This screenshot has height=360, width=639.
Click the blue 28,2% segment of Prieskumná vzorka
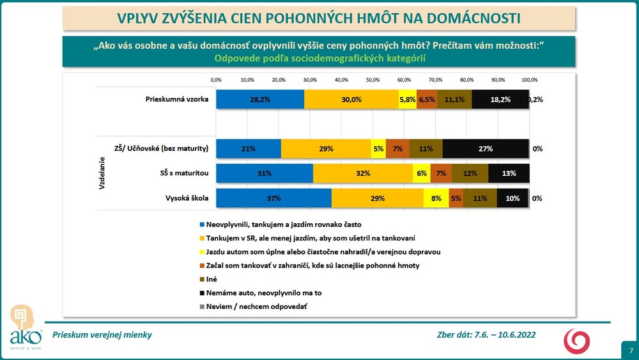260,100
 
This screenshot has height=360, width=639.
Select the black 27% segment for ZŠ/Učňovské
486,148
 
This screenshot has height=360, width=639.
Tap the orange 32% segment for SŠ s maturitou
363,173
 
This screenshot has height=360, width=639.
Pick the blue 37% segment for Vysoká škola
273,198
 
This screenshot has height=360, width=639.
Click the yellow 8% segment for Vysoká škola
436,198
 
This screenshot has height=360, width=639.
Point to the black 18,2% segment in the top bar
500,100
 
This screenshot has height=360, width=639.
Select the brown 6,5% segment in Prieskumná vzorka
426,100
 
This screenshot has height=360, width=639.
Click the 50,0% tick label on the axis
373,80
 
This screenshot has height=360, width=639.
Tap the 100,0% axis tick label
529,80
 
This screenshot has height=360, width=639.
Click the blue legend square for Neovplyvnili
203,225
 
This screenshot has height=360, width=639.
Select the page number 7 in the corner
631,350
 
